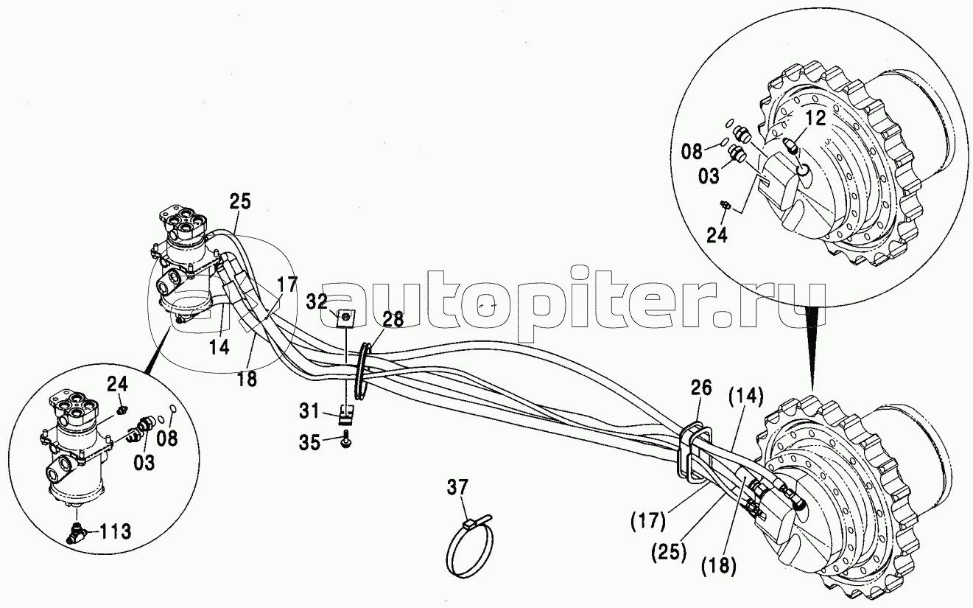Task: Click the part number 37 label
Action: (x=458, y=488)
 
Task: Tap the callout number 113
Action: (x=115, y=531)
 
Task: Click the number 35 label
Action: (x=309, y=443)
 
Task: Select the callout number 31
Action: (x=309, y=410)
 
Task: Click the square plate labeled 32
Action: (x=345, y=318)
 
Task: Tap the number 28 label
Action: (x=393, y=319)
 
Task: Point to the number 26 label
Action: (x=700, y=388)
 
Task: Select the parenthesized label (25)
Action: (x=669, y=552)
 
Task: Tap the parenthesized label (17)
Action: (x=647, y=520)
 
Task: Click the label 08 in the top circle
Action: (x=692, y=152)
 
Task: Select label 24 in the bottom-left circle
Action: (x=117, y=384)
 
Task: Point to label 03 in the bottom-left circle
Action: (x=144, y=462)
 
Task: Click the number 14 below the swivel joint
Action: (x=219, y=347)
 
